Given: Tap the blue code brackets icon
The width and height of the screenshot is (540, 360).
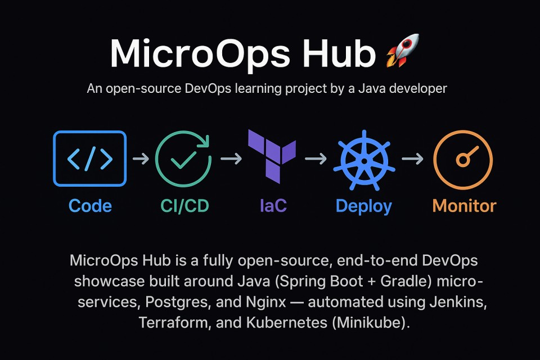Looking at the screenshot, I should [x=90, y=159].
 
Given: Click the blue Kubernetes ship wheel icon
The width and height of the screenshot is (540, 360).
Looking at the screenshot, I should [x=363, y=160].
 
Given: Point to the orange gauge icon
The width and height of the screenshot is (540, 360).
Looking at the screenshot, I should [x=463, y=160].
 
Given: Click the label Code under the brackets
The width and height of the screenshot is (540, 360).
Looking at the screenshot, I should [x=90, y=206].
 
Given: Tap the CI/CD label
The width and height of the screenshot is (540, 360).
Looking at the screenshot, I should [x=184, y=206].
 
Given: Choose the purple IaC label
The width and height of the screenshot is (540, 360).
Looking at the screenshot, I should [x=273, y=206].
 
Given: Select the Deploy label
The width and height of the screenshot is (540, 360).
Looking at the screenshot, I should [x=363, y=206].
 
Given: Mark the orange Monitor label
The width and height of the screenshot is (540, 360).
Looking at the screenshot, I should [x=464, y=206].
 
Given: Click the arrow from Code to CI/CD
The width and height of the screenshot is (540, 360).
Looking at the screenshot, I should [x=140, y=160].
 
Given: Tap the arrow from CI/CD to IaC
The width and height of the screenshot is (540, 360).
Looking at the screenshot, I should [x=230, y=160].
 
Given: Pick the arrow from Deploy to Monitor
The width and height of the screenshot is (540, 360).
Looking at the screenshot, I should [x=413, y=160].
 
